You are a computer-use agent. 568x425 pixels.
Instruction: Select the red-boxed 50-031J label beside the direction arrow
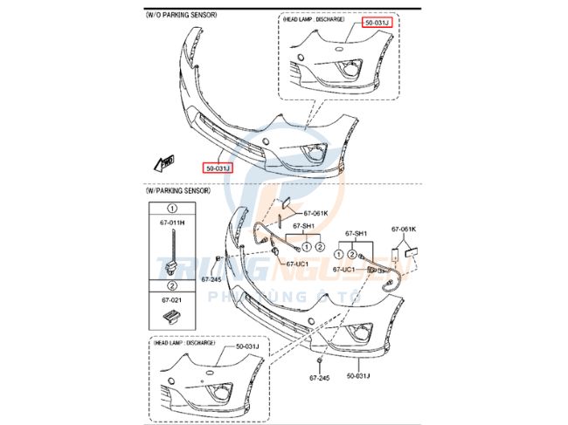pyautogui.click(x=218, y=168)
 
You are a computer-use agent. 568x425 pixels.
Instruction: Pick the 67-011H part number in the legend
pyautogui.click(x=172, y=223)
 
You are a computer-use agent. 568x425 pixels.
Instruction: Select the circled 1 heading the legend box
pyautogui.click(x=172, y=209)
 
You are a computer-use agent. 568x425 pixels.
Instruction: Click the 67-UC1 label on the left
pyautogui.click(x=296, y=264)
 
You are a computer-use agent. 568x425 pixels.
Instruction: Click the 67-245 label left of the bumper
pyautogui.click(x=211, y=279)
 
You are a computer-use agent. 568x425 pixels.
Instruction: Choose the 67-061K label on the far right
pyautogui.click(x=404, y=229)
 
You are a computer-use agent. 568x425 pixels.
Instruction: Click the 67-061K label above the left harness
pyautogui.click(x=315, y=213)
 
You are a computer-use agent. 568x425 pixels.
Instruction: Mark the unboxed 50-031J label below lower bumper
pyautogui.click(x=360, y=376)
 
